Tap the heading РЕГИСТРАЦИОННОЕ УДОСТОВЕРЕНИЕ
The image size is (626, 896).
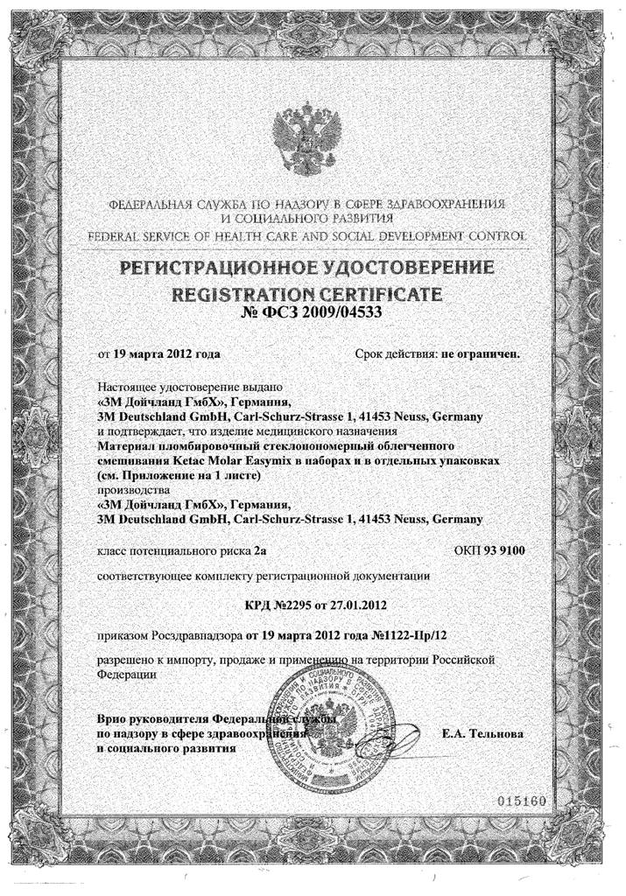(x=312, y=267)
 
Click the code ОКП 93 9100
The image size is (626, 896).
(x=489, y=550)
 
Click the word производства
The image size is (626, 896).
(x=129, y=490)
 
